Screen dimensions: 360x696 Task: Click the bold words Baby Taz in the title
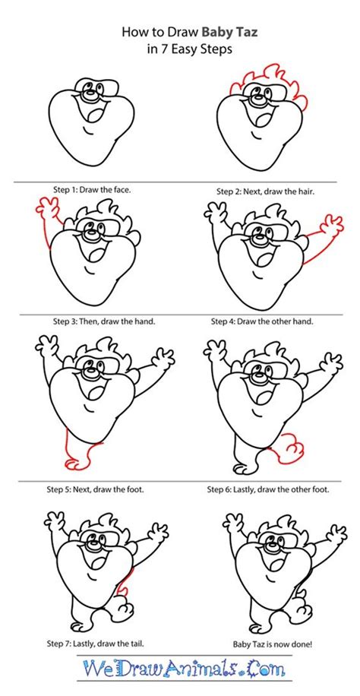[x=229, y=32]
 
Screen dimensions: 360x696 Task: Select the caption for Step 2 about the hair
[x=269, y=191]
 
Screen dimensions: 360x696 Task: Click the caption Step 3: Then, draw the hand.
[x=105, y=321]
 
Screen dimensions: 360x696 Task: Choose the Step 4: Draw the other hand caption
[x=262, y=321]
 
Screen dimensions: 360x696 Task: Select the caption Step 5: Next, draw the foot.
[x=95, y=490]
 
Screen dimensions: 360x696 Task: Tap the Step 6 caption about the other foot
[x=268, y=490]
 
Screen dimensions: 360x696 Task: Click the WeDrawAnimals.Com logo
[x=183, y=668]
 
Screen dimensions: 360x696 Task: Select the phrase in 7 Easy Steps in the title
[x=190, y=49]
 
